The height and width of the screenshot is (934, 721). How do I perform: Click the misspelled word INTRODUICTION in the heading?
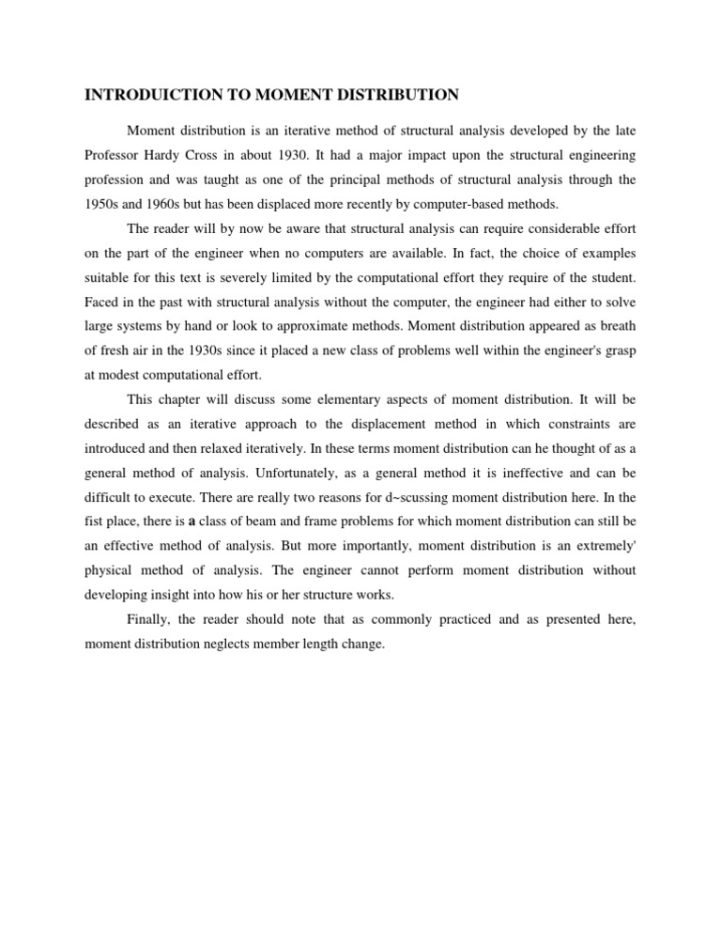(149, 95)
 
